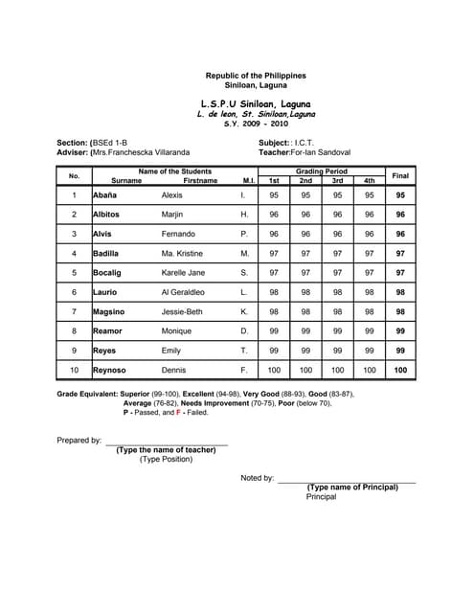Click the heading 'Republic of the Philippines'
pos(256,76)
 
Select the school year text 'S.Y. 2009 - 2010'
pos(256,124)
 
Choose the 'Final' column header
pos(400,175)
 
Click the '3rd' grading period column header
pos(337,180)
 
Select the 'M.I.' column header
pos(247,180)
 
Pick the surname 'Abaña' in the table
pos(104,194)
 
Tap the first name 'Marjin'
pos(172,215)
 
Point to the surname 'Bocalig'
pos(107,273)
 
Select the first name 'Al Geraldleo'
pos(183,292)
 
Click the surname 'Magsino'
pos(108,311)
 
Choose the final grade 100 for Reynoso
pos(400,370)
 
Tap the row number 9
pos(74,351)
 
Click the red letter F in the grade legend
pos(178,413)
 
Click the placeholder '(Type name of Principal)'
pos(351,487)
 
